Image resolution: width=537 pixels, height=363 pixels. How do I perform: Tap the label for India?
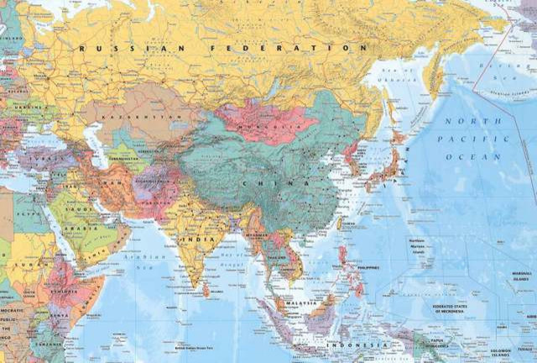point(202,239)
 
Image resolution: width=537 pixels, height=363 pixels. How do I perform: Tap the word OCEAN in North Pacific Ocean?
point(461,157)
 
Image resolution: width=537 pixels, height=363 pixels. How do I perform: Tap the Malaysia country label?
point(299,302)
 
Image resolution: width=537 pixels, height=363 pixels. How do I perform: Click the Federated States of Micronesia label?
point(454,308)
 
